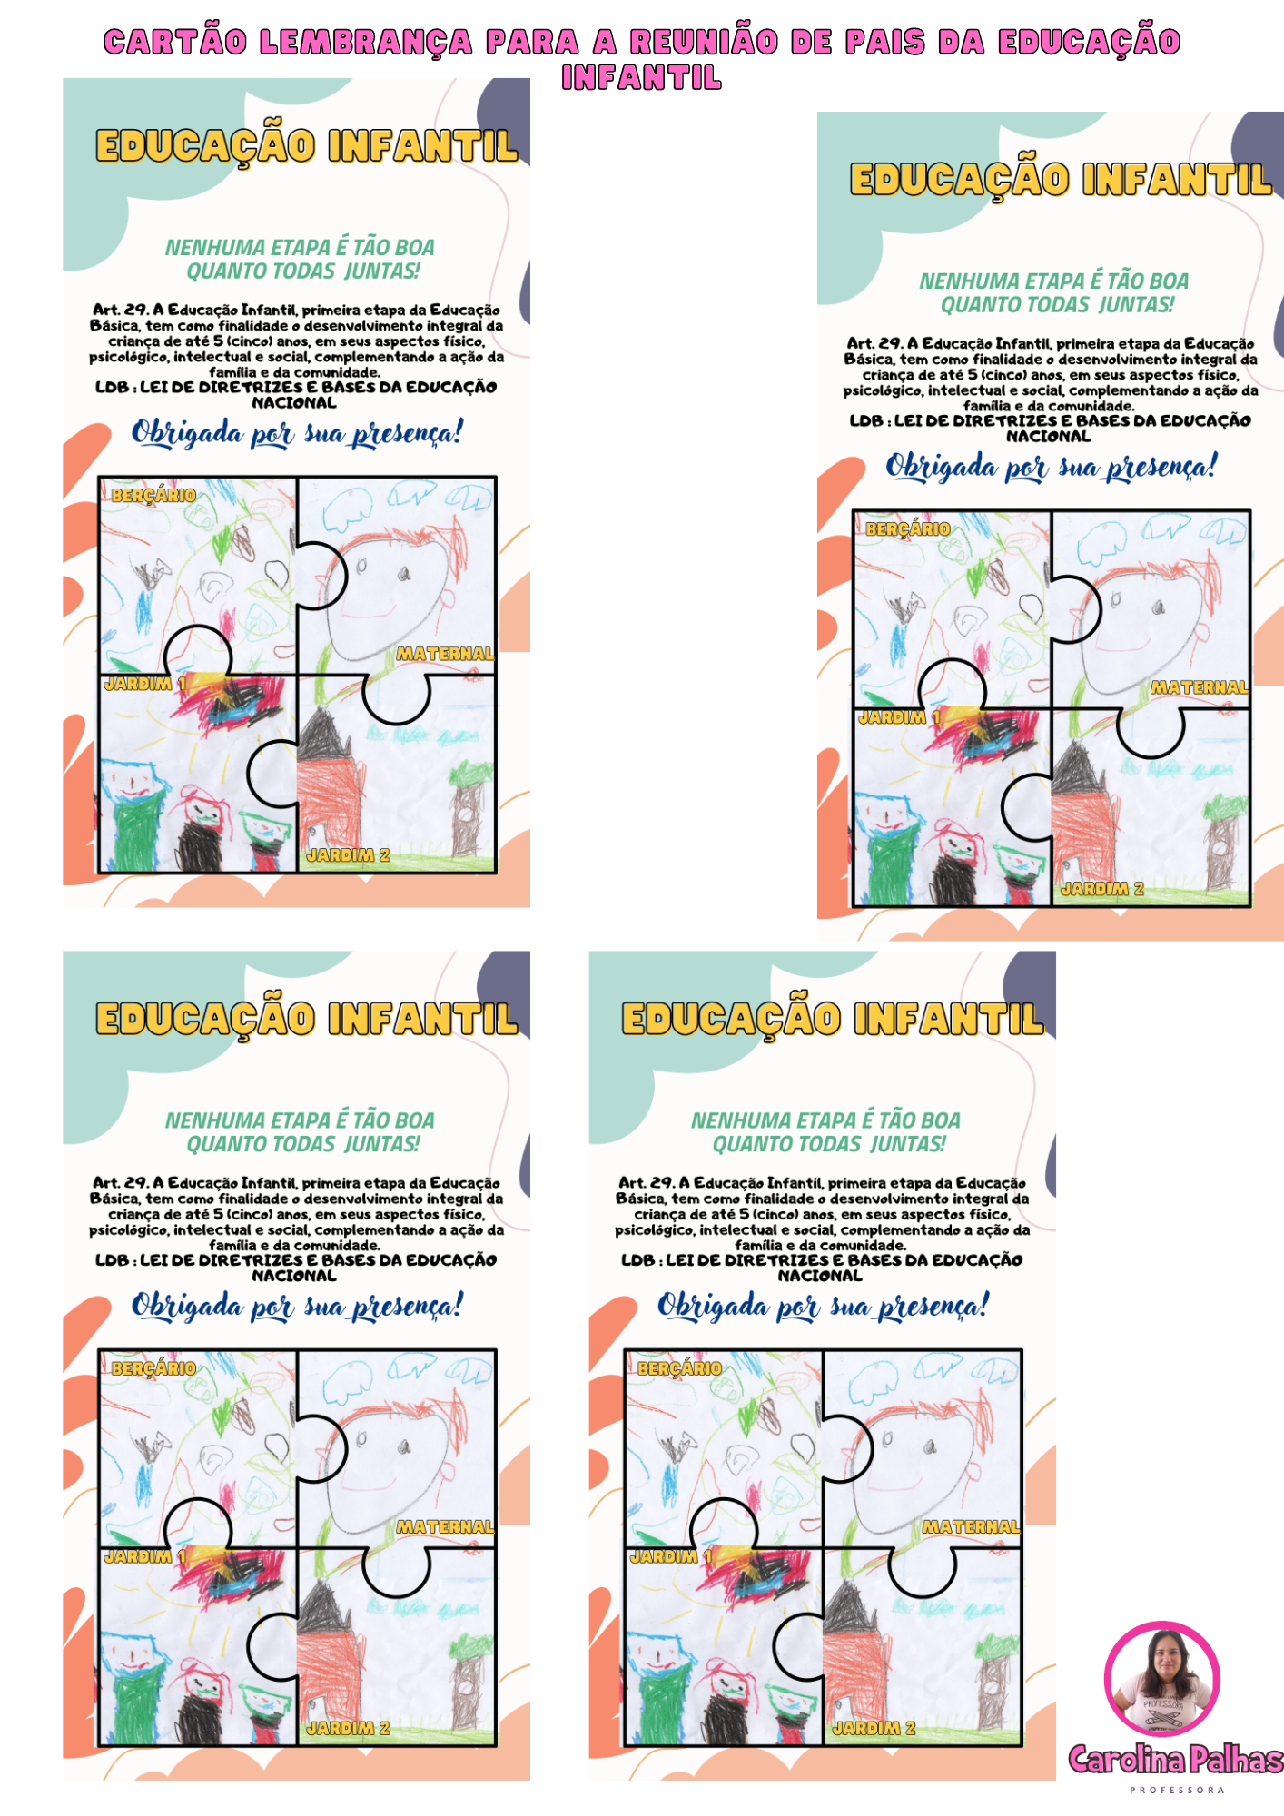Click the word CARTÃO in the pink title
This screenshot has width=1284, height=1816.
coord(174,42)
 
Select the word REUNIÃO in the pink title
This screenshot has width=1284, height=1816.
coord(704,42)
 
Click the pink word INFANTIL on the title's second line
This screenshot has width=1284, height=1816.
coord(641,78)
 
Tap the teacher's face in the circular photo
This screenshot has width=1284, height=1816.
coord(1164,1658)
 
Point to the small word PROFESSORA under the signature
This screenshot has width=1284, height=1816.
coord(1177,1791)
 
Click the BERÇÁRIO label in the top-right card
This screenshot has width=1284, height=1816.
coord(908,529)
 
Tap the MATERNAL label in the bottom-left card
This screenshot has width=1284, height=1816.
coord(445,1527)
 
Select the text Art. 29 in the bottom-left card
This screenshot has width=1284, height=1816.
coord(121,1182)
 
